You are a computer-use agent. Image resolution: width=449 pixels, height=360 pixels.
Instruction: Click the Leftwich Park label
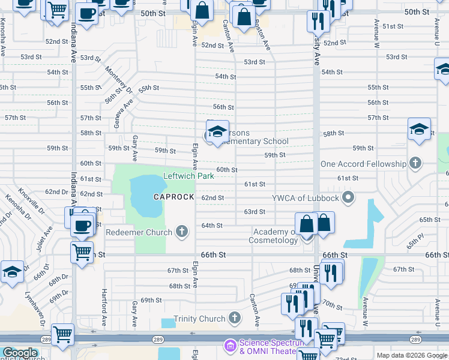188,176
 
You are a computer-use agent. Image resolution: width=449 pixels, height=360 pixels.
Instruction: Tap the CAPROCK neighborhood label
173,197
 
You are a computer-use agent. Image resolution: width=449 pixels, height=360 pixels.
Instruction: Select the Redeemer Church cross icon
182,232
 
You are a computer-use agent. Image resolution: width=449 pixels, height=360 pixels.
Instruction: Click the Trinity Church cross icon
234,319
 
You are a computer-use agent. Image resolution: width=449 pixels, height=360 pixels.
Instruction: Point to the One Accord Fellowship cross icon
415,164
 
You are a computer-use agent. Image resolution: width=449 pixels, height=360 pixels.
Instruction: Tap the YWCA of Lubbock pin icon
349,197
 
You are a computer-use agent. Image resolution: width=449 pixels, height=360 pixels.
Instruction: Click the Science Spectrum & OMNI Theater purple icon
229,346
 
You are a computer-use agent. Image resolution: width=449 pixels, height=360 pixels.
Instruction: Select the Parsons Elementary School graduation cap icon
217,131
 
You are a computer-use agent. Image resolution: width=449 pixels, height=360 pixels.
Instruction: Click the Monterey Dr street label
119,79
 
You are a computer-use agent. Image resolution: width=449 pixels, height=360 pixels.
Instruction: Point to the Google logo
19,353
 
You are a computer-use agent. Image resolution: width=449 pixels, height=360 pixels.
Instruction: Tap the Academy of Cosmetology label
276,236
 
